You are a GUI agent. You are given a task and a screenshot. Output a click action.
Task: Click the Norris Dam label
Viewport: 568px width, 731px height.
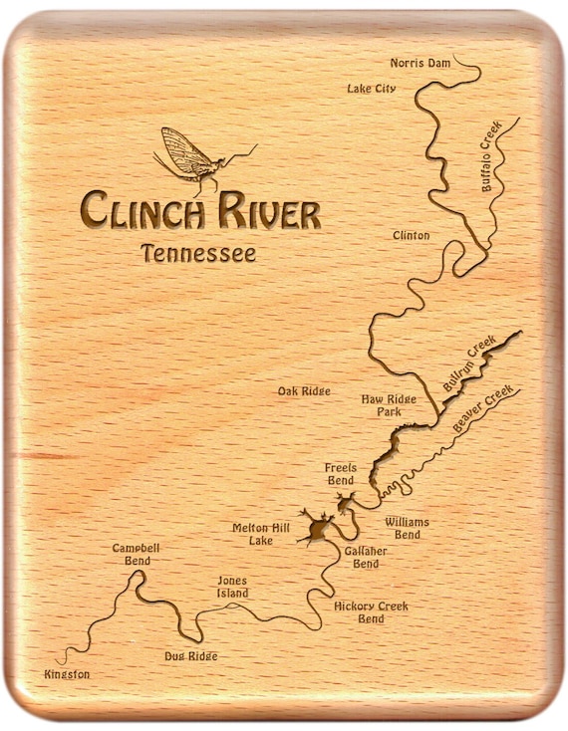coord(421,63)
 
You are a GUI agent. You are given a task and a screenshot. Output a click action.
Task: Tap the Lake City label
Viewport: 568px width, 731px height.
coord(371,89)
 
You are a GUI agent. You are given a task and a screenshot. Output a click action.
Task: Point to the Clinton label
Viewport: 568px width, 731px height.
coord(412,236)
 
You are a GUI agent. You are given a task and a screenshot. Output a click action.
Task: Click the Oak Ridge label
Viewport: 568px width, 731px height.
coord(304,391)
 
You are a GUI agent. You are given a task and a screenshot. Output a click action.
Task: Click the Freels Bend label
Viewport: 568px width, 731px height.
coord(340,473)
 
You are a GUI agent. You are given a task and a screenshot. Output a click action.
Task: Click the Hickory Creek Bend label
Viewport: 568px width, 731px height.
coord(371,611)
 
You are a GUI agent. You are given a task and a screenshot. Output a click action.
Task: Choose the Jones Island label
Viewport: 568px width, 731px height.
coord(232,587)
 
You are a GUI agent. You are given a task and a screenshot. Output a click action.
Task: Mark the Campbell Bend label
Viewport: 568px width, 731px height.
coord(136,554)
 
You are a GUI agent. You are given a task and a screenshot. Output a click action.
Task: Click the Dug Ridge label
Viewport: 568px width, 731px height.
coord(190,656)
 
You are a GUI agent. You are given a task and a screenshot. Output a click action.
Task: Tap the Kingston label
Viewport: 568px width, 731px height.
coord(67,674)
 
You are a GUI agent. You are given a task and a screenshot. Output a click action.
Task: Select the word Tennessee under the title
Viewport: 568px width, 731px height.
coord(197,253)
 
